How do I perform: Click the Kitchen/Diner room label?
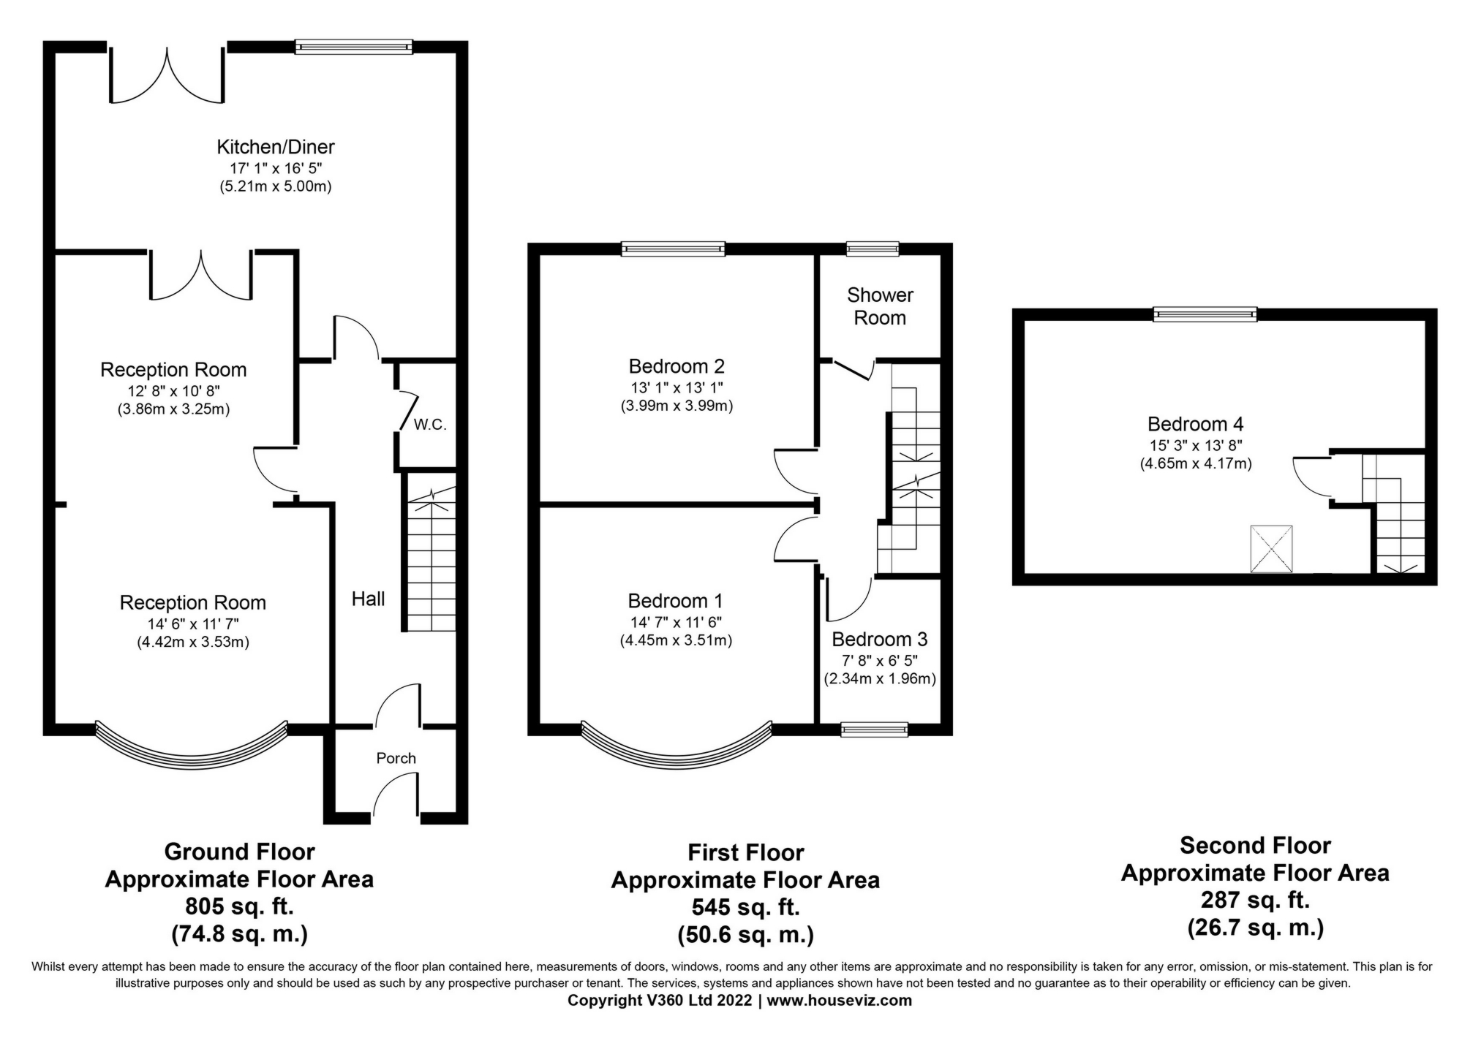tap(275, 147)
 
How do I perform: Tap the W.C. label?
tap(429, 425)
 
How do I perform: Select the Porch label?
tap(396, 758)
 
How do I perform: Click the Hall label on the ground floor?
tap(368, 599)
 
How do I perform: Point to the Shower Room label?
tap(880, 306)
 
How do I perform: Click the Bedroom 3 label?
tap(879, 640)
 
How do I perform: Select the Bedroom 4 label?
tap(1195, 424)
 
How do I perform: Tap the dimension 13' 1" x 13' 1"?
tap(677, 387)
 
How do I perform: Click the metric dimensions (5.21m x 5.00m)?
tap(275, 186)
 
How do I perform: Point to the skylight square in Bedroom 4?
tap(1271, 549)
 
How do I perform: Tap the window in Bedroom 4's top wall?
tap(1205, 315)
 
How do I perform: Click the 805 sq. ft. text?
tap(239, 906)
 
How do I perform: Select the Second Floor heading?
tap(1255, 846)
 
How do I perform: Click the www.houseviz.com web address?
tap(839, 1001)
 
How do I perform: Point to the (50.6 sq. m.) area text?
tap(745, 935)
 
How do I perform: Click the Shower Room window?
tap(873, 249)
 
